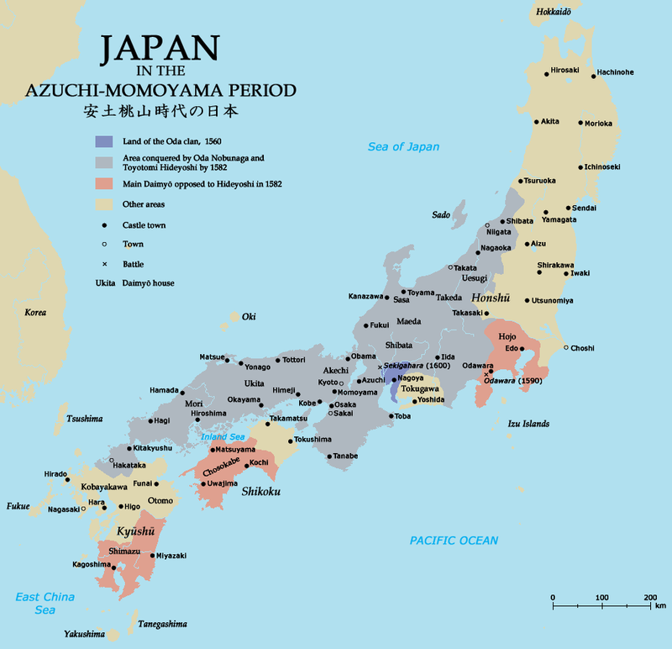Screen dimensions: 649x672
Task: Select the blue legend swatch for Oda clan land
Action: click(104, 140)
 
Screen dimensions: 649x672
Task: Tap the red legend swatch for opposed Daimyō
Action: click(104, 182)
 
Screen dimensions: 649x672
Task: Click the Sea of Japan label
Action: click(403, 147)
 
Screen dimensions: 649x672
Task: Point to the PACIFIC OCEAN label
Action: click(454, 541)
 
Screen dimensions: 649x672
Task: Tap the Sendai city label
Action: click(584, 208)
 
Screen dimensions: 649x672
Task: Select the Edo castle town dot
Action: click(522, 349)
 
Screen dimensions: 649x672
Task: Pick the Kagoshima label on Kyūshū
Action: click(91, 564)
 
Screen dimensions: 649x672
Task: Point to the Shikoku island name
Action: click(260, 491)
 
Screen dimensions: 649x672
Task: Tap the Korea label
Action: click(35, 312)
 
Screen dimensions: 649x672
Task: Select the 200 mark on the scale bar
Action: click(649, 597)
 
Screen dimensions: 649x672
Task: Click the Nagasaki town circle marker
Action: click(83, 509)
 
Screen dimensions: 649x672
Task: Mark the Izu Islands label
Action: click(528, 424)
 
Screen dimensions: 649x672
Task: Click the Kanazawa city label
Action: click(367, 297)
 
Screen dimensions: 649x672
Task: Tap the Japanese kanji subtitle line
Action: click(168, 111)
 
